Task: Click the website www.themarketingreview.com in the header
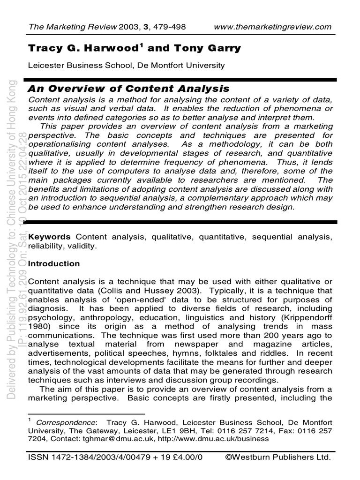pyautogui.click(x=272, y=27)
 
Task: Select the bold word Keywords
pyautogui.click(x=50, y=237)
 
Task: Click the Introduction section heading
pyautogui.click(x=54, y=263)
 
